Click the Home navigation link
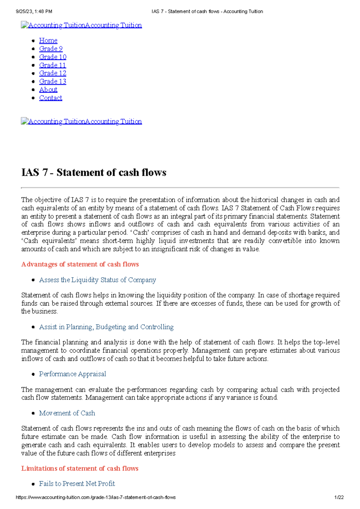click(x=48, y=40)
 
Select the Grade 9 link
click(x=51, y=49)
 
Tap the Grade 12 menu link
click(x=52, y=73)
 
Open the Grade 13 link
click(x=52, y=81)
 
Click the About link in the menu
click(x=48, y=90)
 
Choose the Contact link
click(x=50, y=98)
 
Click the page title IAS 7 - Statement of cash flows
click(x=94, y=172)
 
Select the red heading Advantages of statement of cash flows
click(x=80, y=264)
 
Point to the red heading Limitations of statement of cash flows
click(x=79, y=468)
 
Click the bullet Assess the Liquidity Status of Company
click(x=97, y=280)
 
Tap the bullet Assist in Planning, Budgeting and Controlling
click(x=106, y=327)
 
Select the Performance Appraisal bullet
click(x=72, y=374)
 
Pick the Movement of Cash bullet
click(x=67, y=413)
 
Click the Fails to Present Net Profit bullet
click(x=77, y=484)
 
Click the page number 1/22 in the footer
click(x=339, y=497)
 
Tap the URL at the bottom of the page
click(x=95, y=497)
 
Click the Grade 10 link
click(x=52, y=57)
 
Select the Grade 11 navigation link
click(x=52, y=65)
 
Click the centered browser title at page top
click(x=207, y=11)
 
